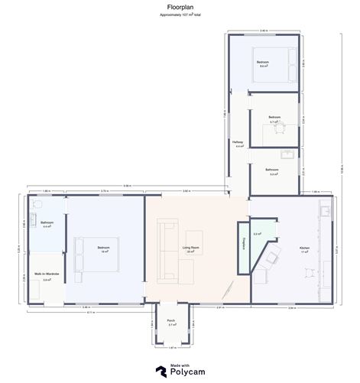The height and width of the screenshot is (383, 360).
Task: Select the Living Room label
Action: (x=190, y=248)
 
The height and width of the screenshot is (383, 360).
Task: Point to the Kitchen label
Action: (x=283, y=248)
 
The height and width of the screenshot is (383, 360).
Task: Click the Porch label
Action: (x=171, y=320)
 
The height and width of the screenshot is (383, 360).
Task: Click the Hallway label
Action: (x=238, y=142)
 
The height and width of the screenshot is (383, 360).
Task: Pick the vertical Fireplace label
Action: (x=242, y=251)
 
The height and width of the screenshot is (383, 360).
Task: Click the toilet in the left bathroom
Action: (x=35, y=206)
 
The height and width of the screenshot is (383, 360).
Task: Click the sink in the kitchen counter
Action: (x=326, y=210)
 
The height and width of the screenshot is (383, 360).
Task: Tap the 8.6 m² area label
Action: (x=263, y=67)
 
